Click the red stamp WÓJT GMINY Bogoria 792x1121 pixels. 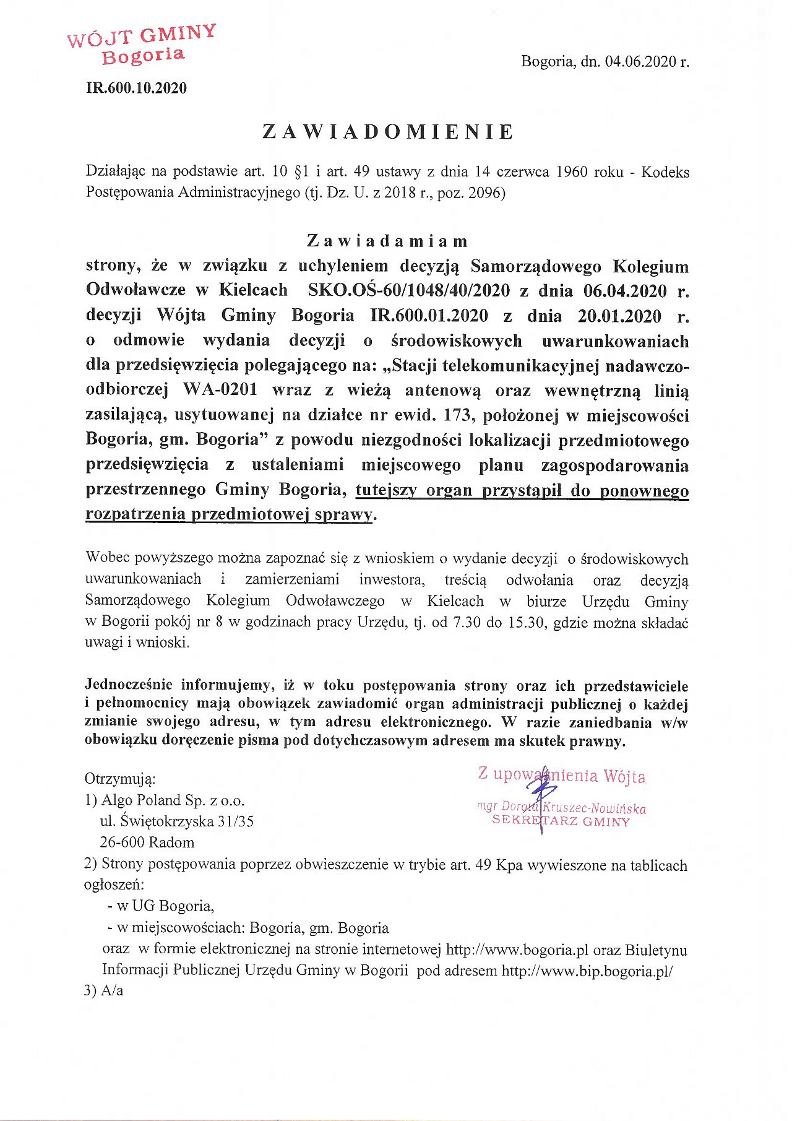click(142, 45)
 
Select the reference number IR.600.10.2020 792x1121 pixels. click(136, 88)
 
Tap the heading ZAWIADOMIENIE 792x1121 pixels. click(388, 132)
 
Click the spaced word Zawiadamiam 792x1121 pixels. click(387, 241)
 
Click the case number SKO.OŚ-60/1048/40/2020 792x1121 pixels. click(409, 290)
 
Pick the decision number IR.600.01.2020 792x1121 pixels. click(429, 316)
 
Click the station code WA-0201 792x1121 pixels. click(220, 390)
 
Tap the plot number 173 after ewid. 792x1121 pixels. click(457, 415)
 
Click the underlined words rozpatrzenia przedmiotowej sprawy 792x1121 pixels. click(229, 514)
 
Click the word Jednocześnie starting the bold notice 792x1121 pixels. click(129, 685)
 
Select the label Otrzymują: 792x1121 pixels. click(119, 779)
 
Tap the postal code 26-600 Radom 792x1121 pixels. click(147, 842)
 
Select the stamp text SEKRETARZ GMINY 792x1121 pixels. click(561, 821)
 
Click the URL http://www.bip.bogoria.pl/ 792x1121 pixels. click(587, 971)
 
